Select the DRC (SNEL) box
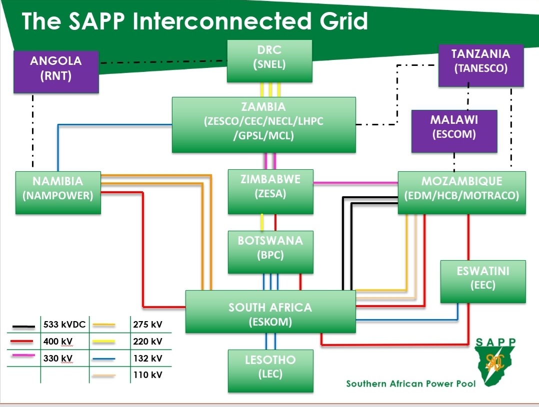(x=269, y=60)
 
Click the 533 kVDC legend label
(x=64, y=325)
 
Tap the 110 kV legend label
(x=147, y=375)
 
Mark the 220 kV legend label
(x=147, y=342)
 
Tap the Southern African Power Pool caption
(x=411, y=384)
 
